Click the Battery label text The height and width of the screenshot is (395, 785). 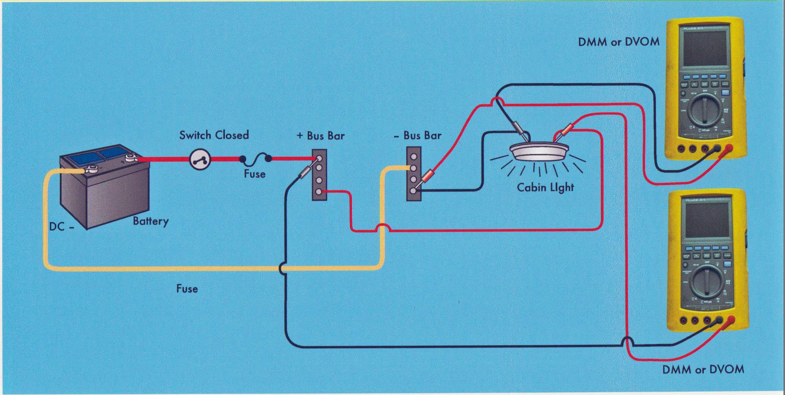tap(150, 221)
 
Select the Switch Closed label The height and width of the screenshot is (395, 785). tap(214, 135)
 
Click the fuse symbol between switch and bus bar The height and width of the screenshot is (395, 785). tap(255, 159)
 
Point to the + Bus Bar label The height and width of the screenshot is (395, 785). tap(321, 136)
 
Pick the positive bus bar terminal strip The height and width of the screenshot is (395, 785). tap(319, 174)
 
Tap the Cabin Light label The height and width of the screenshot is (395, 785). tap(545, 187)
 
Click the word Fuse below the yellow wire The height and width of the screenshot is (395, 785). tap(187, 289)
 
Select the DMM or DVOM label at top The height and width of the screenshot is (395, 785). tap(618, 42)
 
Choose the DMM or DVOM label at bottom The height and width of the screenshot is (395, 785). tap(703, 369)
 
